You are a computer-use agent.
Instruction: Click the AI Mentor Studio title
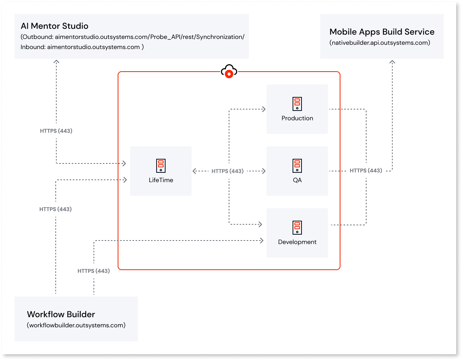[x=55, y=26]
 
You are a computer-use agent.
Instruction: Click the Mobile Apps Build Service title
[x=382, y=32]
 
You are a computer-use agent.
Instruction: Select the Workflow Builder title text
[x=61, y=314]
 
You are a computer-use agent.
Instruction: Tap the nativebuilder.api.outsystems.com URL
[x=380, y=43]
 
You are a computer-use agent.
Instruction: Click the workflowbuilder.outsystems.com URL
[x=76, y=325]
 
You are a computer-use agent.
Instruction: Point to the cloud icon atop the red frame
[x=229, y=71]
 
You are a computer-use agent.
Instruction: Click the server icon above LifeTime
[x=161, y=166]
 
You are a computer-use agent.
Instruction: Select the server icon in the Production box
[x=297, y=104]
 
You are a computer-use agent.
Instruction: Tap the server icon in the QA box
[x=297, y=166]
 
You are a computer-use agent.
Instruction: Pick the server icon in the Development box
[x=297, y=228]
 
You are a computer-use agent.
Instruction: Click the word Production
[x=297, y=118]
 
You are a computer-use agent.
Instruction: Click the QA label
[x=297, y=180]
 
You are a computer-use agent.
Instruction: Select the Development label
[x=297, y=242]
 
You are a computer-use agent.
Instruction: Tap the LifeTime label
[x=161, y=180]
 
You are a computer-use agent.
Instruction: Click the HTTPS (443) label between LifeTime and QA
[x=227, y=171]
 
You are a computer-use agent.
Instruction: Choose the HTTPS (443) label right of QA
[x=366, y=170]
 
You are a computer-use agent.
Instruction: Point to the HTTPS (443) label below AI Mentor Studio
[x=56, y=131]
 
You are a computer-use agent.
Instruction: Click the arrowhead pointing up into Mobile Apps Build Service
[x=392, y=62]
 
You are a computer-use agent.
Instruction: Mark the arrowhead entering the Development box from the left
[x=261, y=241]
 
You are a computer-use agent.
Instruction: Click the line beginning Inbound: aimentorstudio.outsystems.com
[x=82, y=47]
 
